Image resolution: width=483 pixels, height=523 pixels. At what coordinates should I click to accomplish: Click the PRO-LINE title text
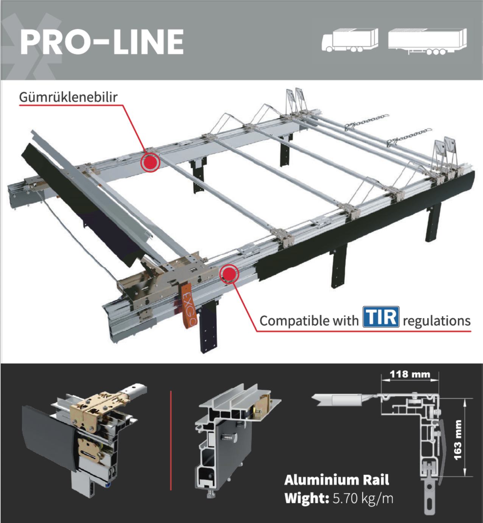(x=101, y=42)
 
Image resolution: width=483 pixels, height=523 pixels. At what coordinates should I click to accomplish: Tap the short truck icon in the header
(x=349, y=40)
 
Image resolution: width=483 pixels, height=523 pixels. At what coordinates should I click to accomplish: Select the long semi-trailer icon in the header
(x=427, y=41)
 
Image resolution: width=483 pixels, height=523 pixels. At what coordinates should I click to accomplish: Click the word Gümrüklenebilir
(x=68, y=97)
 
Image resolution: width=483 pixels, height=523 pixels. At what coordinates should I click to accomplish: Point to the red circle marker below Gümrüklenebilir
(x=150, y=162)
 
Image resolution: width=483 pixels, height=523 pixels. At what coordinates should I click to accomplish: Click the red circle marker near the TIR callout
(x=229, y=274)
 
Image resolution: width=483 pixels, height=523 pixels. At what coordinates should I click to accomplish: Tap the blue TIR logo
(x=381, y=317)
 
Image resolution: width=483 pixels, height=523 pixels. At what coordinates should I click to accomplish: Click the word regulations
(x=436, y=321)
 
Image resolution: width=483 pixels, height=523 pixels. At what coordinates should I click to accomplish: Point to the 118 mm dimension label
(x=410, y=374)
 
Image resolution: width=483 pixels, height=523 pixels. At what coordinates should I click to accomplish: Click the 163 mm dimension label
(x=458, y=440)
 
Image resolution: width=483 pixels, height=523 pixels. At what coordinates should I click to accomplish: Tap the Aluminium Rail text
(x=337, y=480)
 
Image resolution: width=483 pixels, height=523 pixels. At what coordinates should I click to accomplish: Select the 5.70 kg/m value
(x=363, y=498)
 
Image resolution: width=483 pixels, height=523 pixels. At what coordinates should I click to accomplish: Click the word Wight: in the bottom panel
(x=307, y=498)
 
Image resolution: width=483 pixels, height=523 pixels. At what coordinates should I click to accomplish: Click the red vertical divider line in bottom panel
(x=171, y=440)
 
